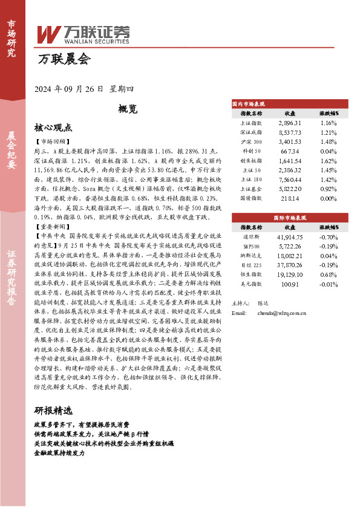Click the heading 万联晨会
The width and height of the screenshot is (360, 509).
[x=63, y=60]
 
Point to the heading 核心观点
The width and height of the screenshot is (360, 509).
[x=53, y=128]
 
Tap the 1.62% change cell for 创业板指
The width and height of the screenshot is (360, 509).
[x=329, y=161]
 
